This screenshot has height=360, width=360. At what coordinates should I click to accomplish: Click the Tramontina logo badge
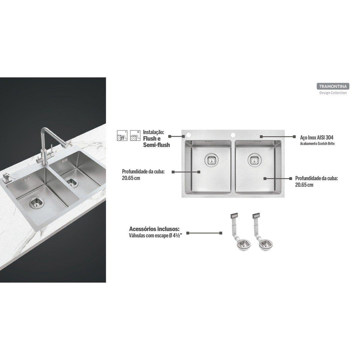(x=333, y=86)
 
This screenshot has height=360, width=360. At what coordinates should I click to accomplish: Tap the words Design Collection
(x=333, y=93)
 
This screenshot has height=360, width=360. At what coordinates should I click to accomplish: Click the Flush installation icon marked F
(x=122, y=135)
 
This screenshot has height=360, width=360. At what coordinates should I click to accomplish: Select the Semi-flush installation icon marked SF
(x=135, y=135)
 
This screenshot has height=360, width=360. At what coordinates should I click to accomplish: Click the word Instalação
(x=154, y=132)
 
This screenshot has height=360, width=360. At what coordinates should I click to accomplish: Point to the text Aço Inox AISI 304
(x=317, y=137)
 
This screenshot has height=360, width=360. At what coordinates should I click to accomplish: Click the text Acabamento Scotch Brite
(x=317, y=144)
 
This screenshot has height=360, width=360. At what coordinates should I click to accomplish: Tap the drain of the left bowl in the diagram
(x=211, y=160)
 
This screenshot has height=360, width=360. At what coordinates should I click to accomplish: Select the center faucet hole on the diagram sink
(x=233, y=134)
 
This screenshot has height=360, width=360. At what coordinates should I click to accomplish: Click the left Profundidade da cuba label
(x=143, y=172)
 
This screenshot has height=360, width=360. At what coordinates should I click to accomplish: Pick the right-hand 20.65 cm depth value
(x=304, y=185)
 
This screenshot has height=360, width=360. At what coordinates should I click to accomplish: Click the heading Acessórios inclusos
(x=154, y=229)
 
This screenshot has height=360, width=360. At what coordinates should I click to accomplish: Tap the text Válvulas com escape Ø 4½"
(x=155, y=236)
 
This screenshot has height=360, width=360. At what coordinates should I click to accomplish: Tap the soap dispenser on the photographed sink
(x=6, y=178)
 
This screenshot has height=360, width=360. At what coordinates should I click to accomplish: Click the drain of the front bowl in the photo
(x=37, y=202)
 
